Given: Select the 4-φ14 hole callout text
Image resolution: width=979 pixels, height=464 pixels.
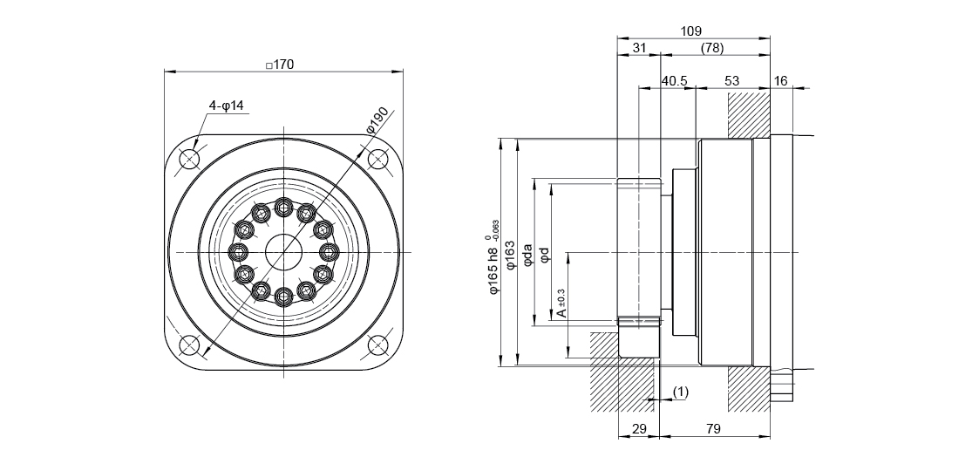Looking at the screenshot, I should pyautogui.click(x=226, y=106).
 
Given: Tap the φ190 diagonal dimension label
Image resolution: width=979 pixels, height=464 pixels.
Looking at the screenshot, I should pyautogui.click(x=381, y=119).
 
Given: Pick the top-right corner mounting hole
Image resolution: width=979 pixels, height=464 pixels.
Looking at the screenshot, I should pyautogui.click(x=377, y=160).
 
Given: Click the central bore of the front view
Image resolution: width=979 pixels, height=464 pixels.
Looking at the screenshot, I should pyautogui.click(x=283, y=253).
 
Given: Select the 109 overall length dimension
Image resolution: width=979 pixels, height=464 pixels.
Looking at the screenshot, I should pyautogui.click(x=691, y=31).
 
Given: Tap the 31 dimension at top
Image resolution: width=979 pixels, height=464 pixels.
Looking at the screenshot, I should pyautogui.click(x=639, y=48).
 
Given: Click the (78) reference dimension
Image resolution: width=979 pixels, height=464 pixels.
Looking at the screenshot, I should pyautogui.click(x=712, y=48).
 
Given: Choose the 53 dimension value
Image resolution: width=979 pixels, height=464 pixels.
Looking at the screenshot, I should pyautogui.click(x=731, y=81).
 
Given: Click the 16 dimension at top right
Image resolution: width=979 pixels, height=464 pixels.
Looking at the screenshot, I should pyautogui.click(x=780, y=81).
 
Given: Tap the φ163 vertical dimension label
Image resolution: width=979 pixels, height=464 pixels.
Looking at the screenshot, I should pyautogui.click(x=511, y=259).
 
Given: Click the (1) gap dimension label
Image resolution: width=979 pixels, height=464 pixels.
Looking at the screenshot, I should pyautogui.click(x=681, y=392).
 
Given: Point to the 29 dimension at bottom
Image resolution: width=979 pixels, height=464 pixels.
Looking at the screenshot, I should pyautogui.click(x=638, y=428).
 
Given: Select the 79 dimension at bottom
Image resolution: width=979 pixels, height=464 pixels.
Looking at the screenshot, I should pyautogui.click(x=714, y=428).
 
